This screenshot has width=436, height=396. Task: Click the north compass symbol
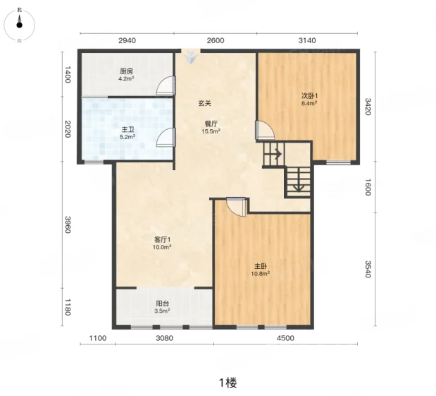click(x=19, y=25)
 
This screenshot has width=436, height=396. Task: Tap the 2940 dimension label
click(x=127, y=40)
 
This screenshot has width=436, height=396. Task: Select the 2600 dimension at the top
click(x=216, y=40)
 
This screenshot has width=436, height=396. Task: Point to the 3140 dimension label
click(x=307, y=40)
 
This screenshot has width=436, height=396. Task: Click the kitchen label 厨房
click(x=127, y=71)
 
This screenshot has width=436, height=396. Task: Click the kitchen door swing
click(x=166, y=85)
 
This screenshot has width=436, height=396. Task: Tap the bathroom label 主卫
click(x=127, y=130)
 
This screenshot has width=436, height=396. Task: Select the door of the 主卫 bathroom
click(x=166, y=137)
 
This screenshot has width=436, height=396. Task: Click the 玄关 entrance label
click(x=205, y=103)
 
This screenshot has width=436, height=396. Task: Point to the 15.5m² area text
click(x=211, y=131)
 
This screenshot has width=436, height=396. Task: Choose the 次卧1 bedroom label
click(x=309, y=96)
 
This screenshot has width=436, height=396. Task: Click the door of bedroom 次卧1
click(x=265, y=130)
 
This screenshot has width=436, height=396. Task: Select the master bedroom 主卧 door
click(x=236, y=207)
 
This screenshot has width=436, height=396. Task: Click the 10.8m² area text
click(x=261, y=274)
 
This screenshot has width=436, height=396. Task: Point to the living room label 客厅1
click(x=163, y=240)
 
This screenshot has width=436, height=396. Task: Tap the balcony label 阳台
click(x=163, y=304)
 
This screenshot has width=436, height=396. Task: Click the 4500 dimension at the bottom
click(x=285, y=338)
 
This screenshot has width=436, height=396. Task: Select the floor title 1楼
click(x=228, y=383)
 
